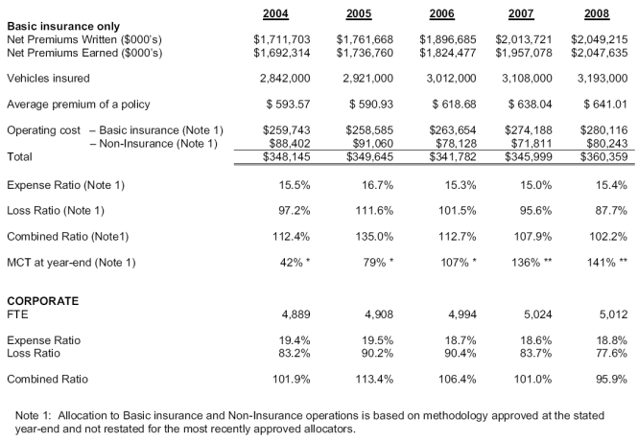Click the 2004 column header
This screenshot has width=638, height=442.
point(275,13)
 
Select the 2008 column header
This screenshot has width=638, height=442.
point(597,13)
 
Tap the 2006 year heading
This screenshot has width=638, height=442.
point(441,13)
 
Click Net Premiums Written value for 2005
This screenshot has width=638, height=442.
point(365,39)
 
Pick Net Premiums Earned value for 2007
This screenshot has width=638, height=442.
point(524,53)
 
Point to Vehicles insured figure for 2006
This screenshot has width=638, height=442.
point(451,78)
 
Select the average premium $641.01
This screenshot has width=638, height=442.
point(605,105)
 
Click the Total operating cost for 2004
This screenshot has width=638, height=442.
point(287,157)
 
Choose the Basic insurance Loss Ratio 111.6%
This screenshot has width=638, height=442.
point(374,211)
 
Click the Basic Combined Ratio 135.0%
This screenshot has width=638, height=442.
point(374,237)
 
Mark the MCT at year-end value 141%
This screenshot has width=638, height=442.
point(606,263)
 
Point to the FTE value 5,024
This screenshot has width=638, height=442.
point(538,314)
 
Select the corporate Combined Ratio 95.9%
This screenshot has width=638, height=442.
point(611,379)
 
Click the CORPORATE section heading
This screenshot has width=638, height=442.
point(43,301)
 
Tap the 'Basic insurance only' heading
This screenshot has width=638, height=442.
point(63,27)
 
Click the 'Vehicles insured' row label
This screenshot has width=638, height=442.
point(48,78)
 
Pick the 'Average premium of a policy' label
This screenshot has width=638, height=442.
point(79,105)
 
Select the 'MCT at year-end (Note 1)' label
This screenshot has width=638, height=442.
point(71,263)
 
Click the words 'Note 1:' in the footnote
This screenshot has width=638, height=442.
point(34,415)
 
